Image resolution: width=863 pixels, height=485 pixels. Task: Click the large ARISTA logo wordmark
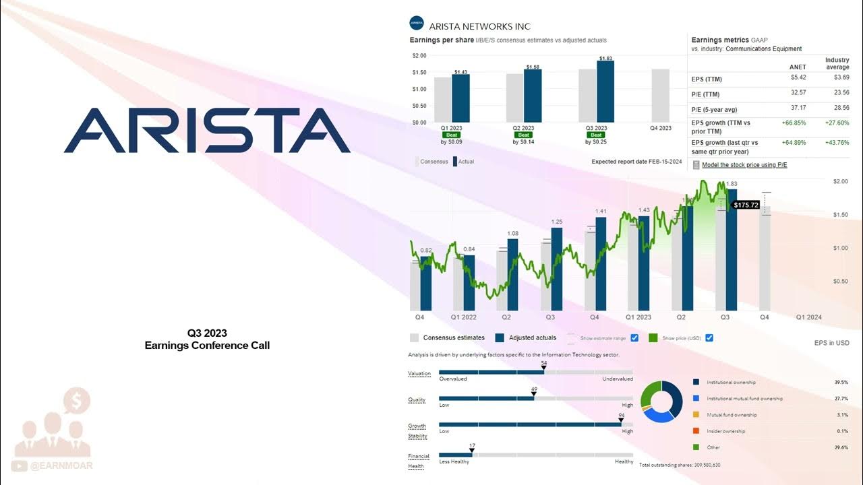[x=207, y=131]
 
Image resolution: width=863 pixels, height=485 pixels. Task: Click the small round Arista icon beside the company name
[x=416, y=24]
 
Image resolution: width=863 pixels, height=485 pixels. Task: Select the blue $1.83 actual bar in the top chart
[x=605, y=93]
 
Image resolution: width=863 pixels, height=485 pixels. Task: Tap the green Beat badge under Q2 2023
[x=525, y=135]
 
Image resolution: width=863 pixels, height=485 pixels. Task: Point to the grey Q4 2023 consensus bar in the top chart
[x=660, y=95]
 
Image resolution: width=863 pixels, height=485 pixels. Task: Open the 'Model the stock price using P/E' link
[x=744, y=164]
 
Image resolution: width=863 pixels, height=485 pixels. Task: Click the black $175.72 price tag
[x=746, y=205]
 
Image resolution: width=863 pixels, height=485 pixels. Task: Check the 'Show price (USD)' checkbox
[x=709, y=337]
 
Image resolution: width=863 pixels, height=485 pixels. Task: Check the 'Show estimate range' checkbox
[x=634, y=337]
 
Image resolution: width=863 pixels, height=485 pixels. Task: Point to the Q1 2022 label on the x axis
[x=464, y=317]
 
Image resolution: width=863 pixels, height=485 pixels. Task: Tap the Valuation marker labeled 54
[x=543, y=368]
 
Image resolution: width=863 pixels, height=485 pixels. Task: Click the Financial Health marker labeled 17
[x=472, y=450]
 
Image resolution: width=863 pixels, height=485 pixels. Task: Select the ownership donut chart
[x=661, y=401]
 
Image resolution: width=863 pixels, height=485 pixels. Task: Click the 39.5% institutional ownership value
[x=840, y=383]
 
